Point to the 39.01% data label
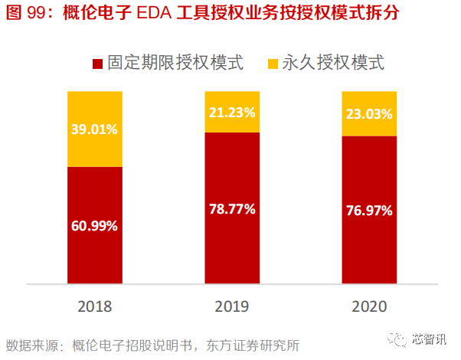pos(94,129)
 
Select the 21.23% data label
pos(231,112)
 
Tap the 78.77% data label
pos(231,208)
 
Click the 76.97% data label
pos(369,210)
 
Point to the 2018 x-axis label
pos(94,306)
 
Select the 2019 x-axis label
pos(231,306)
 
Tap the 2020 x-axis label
pos(369,306)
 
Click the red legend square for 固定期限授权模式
pos(96,63)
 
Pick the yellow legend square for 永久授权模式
pos(274,63)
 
